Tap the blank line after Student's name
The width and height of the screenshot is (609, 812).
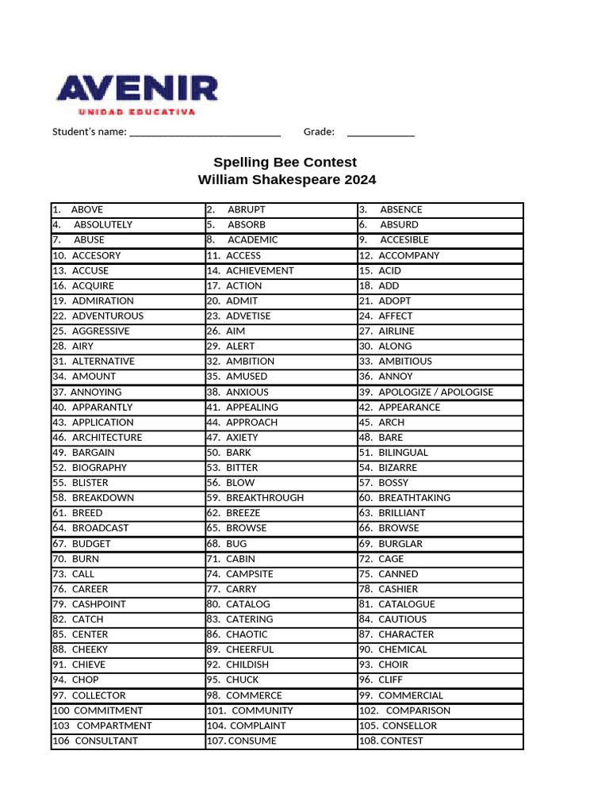204,132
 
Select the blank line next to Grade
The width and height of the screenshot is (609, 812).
381,132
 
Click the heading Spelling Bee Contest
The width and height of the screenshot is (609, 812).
285,162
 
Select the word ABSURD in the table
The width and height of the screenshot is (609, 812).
399,225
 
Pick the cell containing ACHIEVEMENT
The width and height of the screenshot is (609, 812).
259,270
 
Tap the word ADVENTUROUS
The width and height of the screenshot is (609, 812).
108,316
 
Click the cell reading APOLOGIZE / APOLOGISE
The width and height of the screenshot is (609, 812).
435,393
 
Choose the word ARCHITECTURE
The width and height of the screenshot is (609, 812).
107,438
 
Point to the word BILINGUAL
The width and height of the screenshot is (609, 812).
403,453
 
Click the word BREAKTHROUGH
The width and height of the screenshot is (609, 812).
265,498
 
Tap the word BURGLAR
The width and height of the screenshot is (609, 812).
400,544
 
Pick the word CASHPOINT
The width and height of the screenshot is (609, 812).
98,604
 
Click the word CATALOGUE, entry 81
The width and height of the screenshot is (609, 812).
406,604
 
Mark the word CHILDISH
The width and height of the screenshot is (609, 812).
247,665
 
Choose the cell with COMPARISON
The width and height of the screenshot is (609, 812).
417,710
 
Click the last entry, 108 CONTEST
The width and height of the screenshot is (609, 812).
401,741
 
